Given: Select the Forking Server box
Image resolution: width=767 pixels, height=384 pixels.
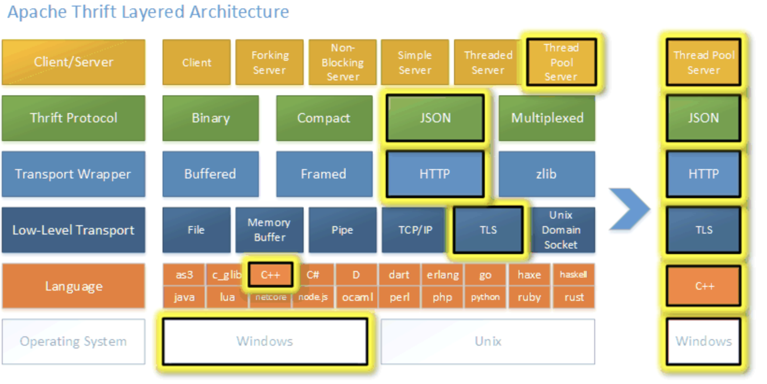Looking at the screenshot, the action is [x=270, y=62].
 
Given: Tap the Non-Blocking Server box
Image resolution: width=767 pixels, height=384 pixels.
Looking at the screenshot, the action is [x=342, y=62].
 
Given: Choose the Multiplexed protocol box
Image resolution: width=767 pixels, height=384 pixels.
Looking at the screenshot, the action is [x=547, y=118].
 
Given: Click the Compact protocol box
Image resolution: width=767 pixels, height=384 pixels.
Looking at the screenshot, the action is [x=324, y=118].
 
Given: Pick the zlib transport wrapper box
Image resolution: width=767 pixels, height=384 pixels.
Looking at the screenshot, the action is [x=547, y=174].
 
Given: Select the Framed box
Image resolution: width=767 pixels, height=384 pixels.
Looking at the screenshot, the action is [x=324, y=174].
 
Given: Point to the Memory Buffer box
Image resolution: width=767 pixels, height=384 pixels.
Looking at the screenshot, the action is [x=270, y=230].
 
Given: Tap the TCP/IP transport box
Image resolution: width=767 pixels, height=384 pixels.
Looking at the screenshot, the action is [x=414, y=230].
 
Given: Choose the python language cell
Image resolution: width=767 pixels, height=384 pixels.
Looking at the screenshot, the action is [x=485, y=297].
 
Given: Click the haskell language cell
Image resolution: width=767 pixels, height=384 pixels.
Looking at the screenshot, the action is [x=574, y=274].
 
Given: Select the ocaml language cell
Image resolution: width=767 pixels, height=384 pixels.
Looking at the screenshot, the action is [x=357, y=297].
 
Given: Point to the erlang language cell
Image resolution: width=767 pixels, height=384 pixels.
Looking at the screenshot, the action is [x=442, y=274].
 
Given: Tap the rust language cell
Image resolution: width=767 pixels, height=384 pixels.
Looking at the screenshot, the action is [x=574, y=297].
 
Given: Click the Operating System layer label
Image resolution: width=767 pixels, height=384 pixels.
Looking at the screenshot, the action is [x=73, y=341].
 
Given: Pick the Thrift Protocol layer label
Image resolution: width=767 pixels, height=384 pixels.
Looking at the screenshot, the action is [x=73, y=118].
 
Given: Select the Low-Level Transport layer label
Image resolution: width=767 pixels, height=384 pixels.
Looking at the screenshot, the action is [x=73, y=230].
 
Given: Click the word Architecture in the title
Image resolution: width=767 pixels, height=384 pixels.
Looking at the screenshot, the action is [x=239, y=12].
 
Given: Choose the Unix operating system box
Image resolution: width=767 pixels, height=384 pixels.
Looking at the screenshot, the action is [x=488, y=341].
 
